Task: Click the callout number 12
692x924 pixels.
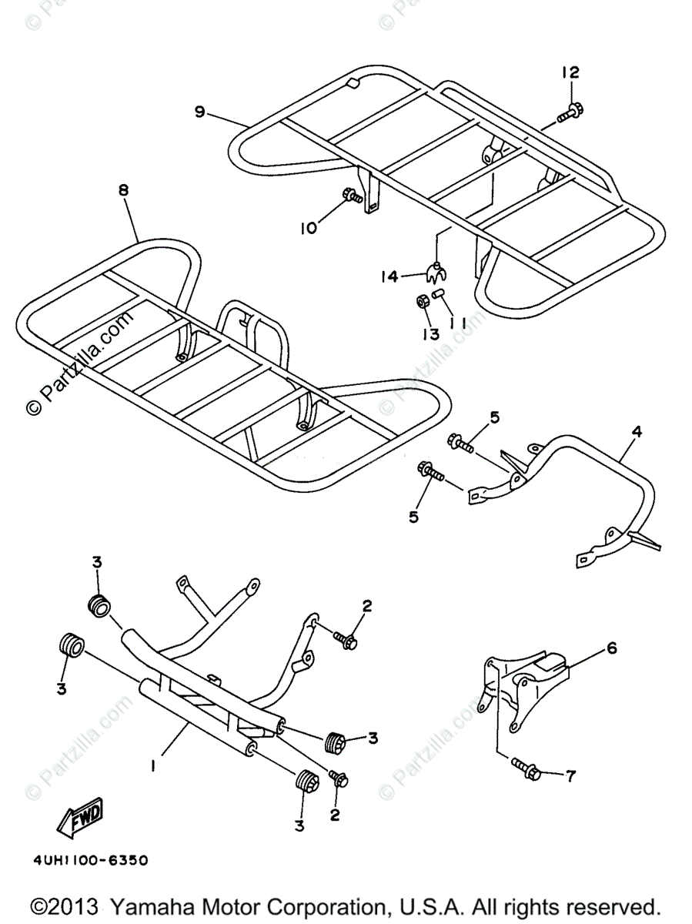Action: (570, 73)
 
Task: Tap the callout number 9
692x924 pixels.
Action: (199, 112)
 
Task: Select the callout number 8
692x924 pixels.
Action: (124, 189)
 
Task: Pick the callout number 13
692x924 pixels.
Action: (430, 333)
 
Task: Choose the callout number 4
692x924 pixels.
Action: (636, 432)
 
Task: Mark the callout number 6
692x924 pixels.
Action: (612, 648)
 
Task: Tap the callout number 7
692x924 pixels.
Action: (570, 776)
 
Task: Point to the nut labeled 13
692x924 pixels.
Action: (423, 301)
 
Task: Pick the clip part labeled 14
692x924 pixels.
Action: (436, 270)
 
